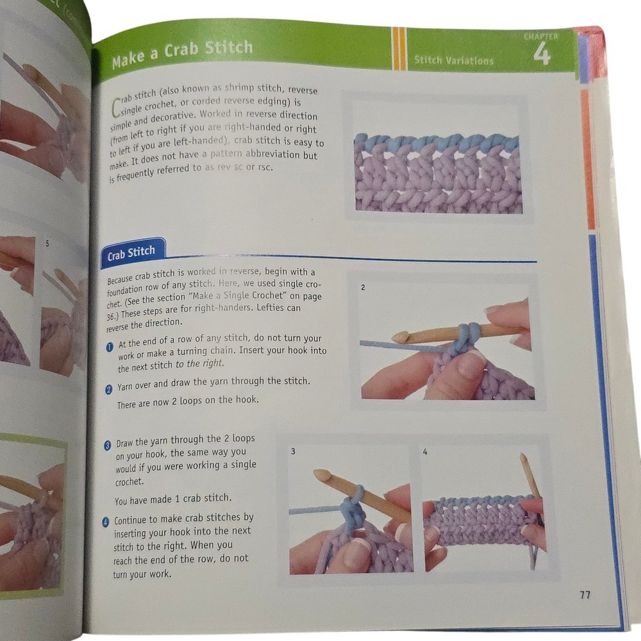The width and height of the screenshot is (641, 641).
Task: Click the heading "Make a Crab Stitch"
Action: pyautogui.click(x=182, y=53)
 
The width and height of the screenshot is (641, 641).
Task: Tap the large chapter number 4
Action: pyautogui.click(x=541, y=54)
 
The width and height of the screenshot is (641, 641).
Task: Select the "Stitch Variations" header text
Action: pyautogui.click(x=454, y=60)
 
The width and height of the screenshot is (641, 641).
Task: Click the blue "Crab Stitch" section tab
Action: pyautogui.click(x=131, y=253)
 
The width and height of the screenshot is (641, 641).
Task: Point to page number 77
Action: pyautogui.click(x=585, y=595)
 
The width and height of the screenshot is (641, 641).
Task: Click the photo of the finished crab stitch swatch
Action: pyautogui.click(x=438, y=173)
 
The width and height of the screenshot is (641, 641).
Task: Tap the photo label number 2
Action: pyautogui.click(x=363, y=288)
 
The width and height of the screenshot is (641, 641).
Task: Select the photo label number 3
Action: pyautogui.click(x=293, y=452)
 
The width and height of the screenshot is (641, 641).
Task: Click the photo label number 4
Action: pyautogui.click(x=426, y=452)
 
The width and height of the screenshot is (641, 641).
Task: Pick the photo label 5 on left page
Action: pyautogui.click(x=47, y=244)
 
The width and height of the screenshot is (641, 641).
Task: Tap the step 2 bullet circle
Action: pyautogui.click(x=110, y=388)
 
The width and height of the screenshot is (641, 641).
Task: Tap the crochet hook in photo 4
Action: pyautogui.click(x=530, y=478)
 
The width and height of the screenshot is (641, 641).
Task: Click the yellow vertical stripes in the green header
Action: pyautogui.click(x=399, y=48)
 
